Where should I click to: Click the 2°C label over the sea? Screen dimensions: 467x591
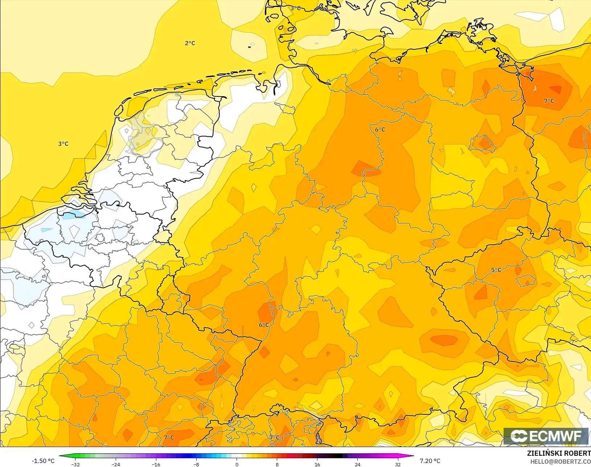click(x=190, y=43)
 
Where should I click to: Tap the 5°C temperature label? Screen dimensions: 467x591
click(x=496, y=270)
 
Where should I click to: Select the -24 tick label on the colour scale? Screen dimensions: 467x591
click(x=115, y=464)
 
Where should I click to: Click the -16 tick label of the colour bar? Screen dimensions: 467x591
click(x=156, y=464)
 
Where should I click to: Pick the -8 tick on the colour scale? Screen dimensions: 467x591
click(x=196, y=464)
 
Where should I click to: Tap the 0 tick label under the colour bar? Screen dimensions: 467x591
click(x=237, y=464)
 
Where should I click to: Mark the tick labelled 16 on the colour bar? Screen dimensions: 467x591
click(x=317, y=464)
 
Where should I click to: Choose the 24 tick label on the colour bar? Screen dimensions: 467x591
click(x=357, y=464)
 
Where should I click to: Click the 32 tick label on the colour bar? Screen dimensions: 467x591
click(x=398, y=464)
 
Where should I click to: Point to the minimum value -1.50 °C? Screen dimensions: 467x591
click(x=43, y=461)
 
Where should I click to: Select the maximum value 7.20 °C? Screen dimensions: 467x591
click(x=430, y=461)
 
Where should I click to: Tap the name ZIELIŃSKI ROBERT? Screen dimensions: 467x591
click(x=559, y=454)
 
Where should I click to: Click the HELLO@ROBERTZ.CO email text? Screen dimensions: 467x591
click(x=561, y=462)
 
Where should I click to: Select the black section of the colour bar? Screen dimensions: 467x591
click(x=337, y=456)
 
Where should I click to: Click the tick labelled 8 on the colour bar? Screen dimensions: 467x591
click(x=277, y=464)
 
